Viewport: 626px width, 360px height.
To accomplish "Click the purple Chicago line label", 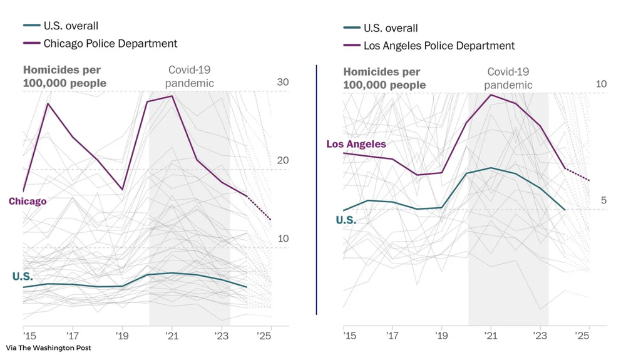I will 28,201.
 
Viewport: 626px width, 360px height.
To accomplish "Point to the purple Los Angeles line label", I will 356,144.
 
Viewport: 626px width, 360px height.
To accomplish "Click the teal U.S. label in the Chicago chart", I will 23,277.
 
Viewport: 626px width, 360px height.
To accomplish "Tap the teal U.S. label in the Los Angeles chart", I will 346,220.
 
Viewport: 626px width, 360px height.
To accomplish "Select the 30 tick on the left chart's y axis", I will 282,83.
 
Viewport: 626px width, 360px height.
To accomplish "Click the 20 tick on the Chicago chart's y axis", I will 282,161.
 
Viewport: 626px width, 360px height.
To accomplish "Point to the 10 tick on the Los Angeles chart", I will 602,85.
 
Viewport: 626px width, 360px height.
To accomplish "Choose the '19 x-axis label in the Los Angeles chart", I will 442,334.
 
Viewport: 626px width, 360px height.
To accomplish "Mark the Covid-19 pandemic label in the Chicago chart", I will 188,76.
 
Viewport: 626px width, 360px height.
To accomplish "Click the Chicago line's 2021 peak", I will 172,96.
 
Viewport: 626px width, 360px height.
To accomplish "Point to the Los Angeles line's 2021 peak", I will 491,95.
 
